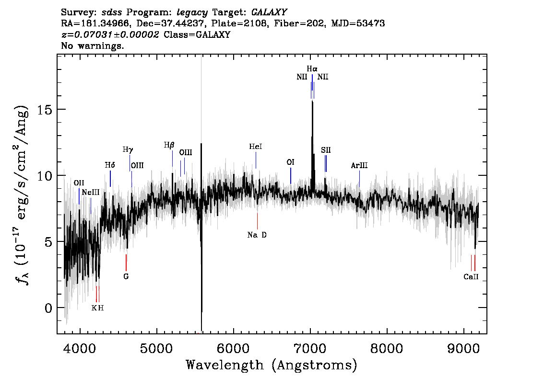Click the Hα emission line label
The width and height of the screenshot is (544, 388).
click(x=312, y=69)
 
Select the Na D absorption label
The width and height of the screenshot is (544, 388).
click(x=257, y=235)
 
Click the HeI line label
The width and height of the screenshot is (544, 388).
click(x=256, y=147)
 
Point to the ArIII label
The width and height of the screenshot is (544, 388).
click(x=359, y=165)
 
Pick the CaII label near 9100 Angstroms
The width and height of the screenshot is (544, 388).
click(x=471, y=277)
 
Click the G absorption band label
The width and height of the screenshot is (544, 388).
click(x=126, y=276)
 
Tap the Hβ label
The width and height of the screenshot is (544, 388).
click(x=169, y=145)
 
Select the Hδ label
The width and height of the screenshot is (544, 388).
click(x=110, y=165)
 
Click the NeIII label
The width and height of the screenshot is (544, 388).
click(x=91, y=192)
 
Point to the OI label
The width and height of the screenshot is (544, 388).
click(x=290, y=162)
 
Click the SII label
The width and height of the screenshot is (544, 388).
click(x=326, y=150)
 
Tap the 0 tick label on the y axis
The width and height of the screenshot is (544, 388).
click(x=49, y=308)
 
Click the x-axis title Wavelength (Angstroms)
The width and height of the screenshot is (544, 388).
click(x=272, y=365)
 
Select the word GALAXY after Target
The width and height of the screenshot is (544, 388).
click(x=269, y=12)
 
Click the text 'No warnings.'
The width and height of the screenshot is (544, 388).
click(x=92, y=46)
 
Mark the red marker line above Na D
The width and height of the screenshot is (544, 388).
click(x=257, y=221)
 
